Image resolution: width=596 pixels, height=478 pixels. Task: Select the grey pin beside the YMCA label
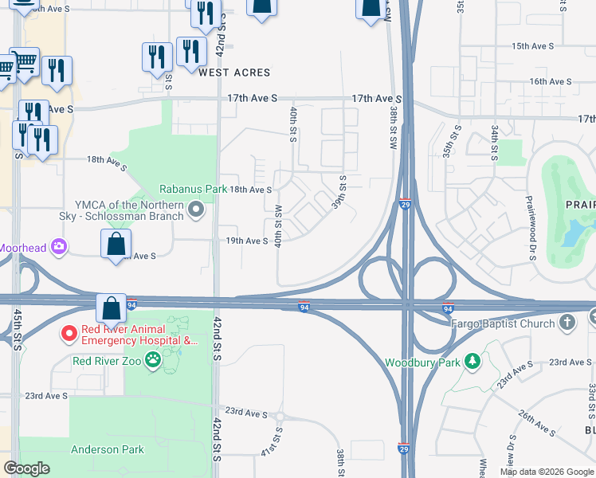[x=197, y=210]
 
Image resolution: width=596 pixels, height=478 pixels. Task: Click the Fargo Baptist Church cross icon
[x=567, y=323]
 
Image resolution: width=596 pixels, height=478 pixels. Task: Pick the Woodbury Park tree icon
[x=472, y=362]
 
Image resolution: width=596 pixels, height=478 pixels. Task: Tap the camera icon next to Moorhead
[x=58, y=246]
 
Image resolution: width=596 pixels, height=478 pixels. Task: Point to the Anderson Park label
[x=108, y=449]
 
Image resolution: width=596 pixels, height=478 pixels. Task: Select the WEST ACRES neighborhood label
[x=234, y=72]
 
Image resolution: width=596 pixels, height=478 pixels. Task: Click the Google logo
[x=26, y=468]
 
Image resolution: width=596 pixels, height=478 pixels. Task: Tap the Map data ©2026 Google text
[x=546, y=472]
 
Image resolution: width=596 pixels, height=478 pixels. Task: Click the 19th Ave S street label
[x=246, y=241]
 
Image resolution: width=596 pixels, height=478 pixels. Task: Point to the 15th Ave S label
[x=532, y=46]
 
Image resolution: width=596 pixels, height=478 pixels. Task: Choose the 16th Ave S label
[x=551, y=81]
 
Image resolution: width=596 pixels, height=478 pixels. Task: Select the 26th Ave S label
[x=536, y=423]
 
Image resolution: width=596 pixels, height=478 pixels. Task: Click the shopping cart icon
[x=24, y=61]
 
